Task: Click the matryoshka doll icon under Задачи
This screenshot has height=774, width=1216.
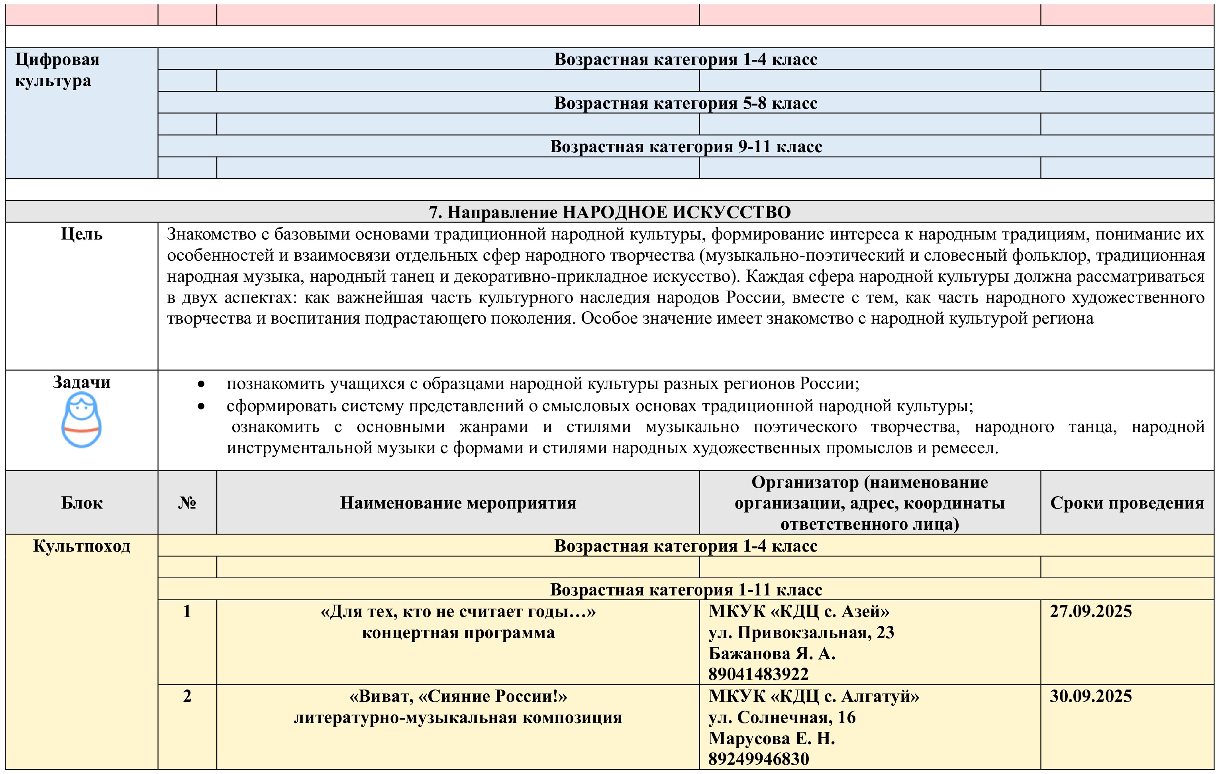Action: tap(81, 420)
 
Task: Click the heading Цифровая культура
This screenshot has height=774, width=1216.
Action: tap(57, 70)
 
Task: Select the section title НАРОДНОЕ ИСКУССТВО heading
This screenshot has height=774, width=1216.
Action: tap(610, 212)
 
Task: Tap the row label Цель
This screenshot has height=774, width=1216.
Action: tap(81, 234)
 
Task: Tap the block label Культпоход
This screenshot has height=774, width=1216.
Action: tap(81, 546)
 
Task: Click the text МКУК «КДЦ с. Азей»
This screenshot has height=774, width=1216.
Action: tap(798, 611)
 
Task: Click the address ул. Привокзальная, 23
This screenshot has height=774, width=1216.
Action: tap(801, 633)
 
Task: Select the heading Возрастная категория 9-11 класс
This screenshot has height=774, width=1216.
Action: tap(685, 147)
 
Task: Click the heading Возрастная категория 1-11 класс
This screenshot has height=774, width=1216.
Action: tap(685, 589)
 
